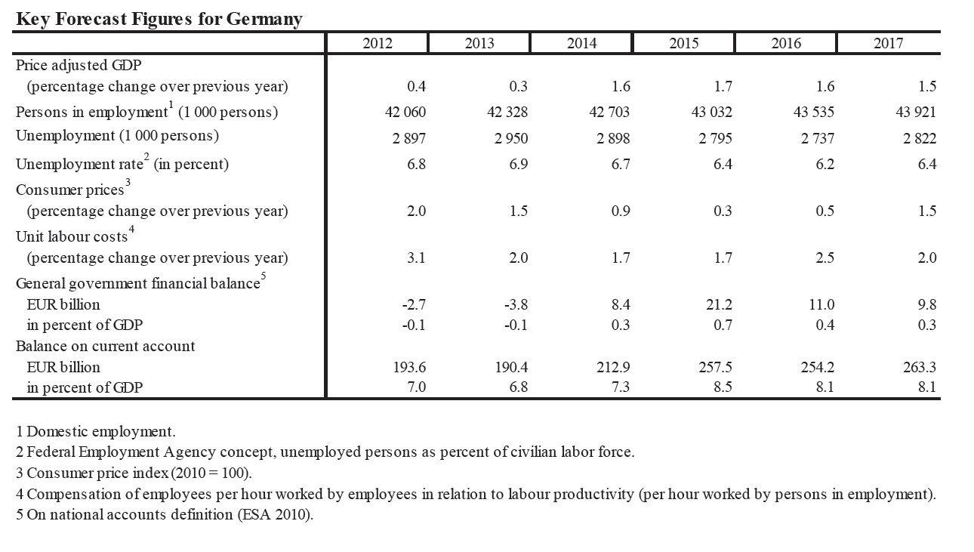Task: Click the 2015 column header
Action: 683,43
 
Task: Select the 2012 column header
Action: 378,43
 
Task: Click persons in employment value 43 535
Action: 813,112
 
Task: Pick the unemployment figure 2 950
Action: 511,138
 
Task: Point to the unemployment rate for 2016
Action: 825,164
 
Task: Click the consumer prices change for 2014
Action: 621,211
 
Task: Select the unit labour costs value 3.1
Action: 416,257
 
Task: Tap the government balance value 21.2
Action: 719,304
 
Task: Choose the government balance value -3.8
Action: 516,304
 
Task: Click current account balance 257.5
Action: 715,367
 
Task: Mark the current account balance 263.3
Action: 919,367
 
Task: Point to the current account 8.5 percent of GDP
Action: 723,387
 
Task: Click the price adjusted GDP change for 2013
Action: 518,86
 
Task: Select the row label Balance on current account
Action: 105,347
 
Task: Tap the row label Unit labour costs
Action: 72,236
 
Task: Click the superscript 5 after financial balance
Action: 263,276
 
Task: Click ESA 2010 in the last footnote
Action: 274,514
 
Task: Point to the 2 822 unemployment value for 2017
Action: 919,138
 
